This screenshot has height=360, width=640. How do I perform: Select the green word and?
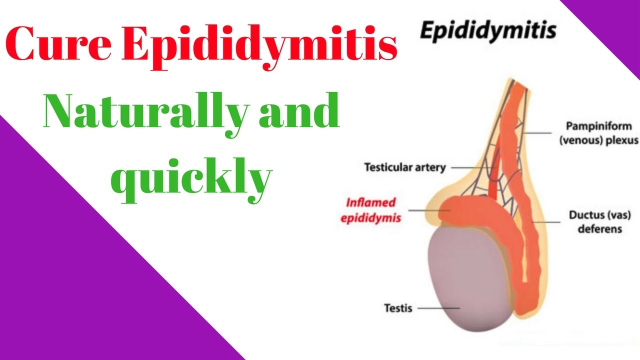295,111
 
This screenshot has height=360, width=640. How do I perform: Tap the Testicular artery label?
404,167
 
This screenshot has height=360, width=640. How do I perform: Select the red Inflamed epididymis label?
371,210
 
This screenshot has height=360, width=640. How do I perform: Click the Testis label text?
398,307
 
